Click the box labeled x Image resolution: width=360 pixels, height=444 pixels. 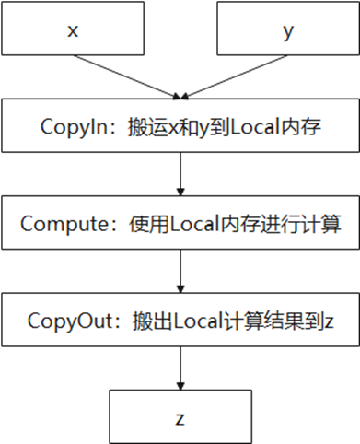(72, 29)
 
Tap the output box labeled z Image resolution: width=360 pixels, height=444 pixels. (180, 417)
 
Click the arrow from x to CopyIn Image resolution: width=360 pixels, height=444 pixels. (124, 74)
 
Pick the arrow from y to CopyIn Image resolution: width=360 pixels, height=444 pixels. (235, 74)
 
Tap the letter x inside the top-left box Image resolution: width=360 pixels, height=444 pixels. (72, 29)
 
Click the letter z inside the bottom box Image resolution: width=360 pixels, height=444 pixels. (180, 417)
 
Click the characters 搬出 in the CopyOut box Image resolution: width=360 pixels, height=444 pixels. (133, 321)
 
